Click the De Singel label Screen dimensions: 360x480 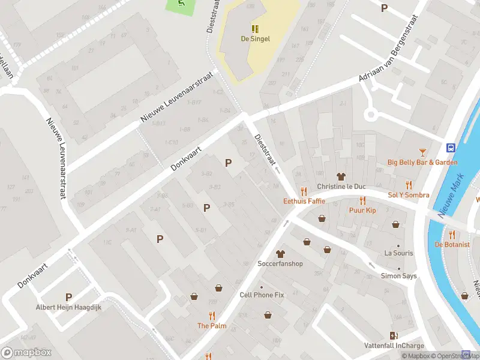(255, 39)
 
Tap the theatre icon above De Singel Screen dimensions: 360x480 (255, 28)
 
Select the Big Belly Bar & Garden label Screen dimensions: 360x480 (422, 163)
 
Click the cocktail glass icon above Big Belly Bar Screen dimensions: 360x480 (422, 152)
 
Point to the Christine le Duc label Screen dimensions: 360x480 (341, 187)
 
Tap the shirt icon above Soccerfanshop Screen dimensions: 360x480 (280, 254)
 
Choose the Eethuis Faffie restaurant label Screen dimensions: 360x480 (304, 202)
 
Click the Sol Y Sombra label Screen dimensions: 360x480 (409, 196)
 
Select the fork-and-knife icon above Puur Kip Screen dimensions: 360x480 (362, 200)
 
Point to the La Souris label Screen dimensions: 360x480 (398, 253)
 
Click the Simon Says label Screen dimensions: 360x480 (398, 276)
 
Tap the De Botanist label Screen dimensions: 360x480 (451, 245)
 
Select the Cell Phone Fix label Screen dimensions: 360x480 (262, 295)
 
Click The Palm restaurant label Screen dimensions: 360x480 (212, 326)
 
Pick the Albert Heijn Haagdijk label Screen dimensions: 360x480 (68, 307)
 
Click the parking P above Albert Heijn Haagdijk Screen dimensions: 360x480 (68, 297)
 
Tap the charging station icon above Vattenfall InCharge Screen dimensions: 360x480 (394, 335)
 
